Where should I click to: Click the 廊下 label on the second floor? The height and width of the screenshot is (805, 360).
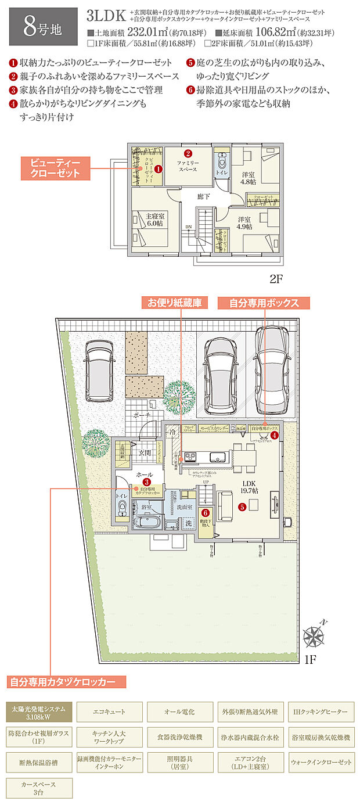click(203, 197)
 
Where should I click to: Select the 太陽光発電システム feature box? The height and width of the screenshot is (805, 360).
click(39, 711)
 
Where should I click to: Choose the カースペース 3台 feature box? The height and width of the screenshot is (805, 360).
click(39, 788)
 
